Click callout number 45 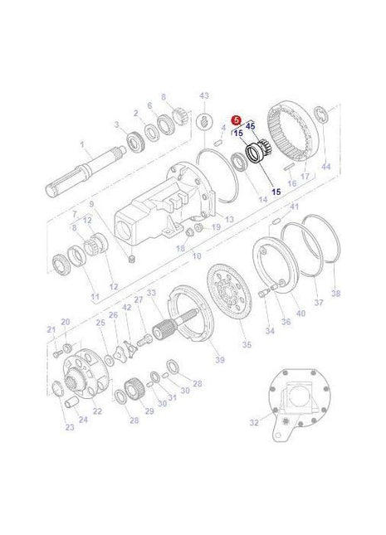pos(251,125)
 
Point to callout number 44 pos(325,167)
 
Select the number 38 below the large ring pos(335,293)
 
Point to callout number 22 pos(97,411)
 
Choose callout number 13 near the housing pos(229,218)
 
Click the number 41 pos(294,206)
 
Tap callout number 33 pos(150,292)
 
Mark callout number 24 pos(83,420)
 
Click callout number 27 pos(139,299)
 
